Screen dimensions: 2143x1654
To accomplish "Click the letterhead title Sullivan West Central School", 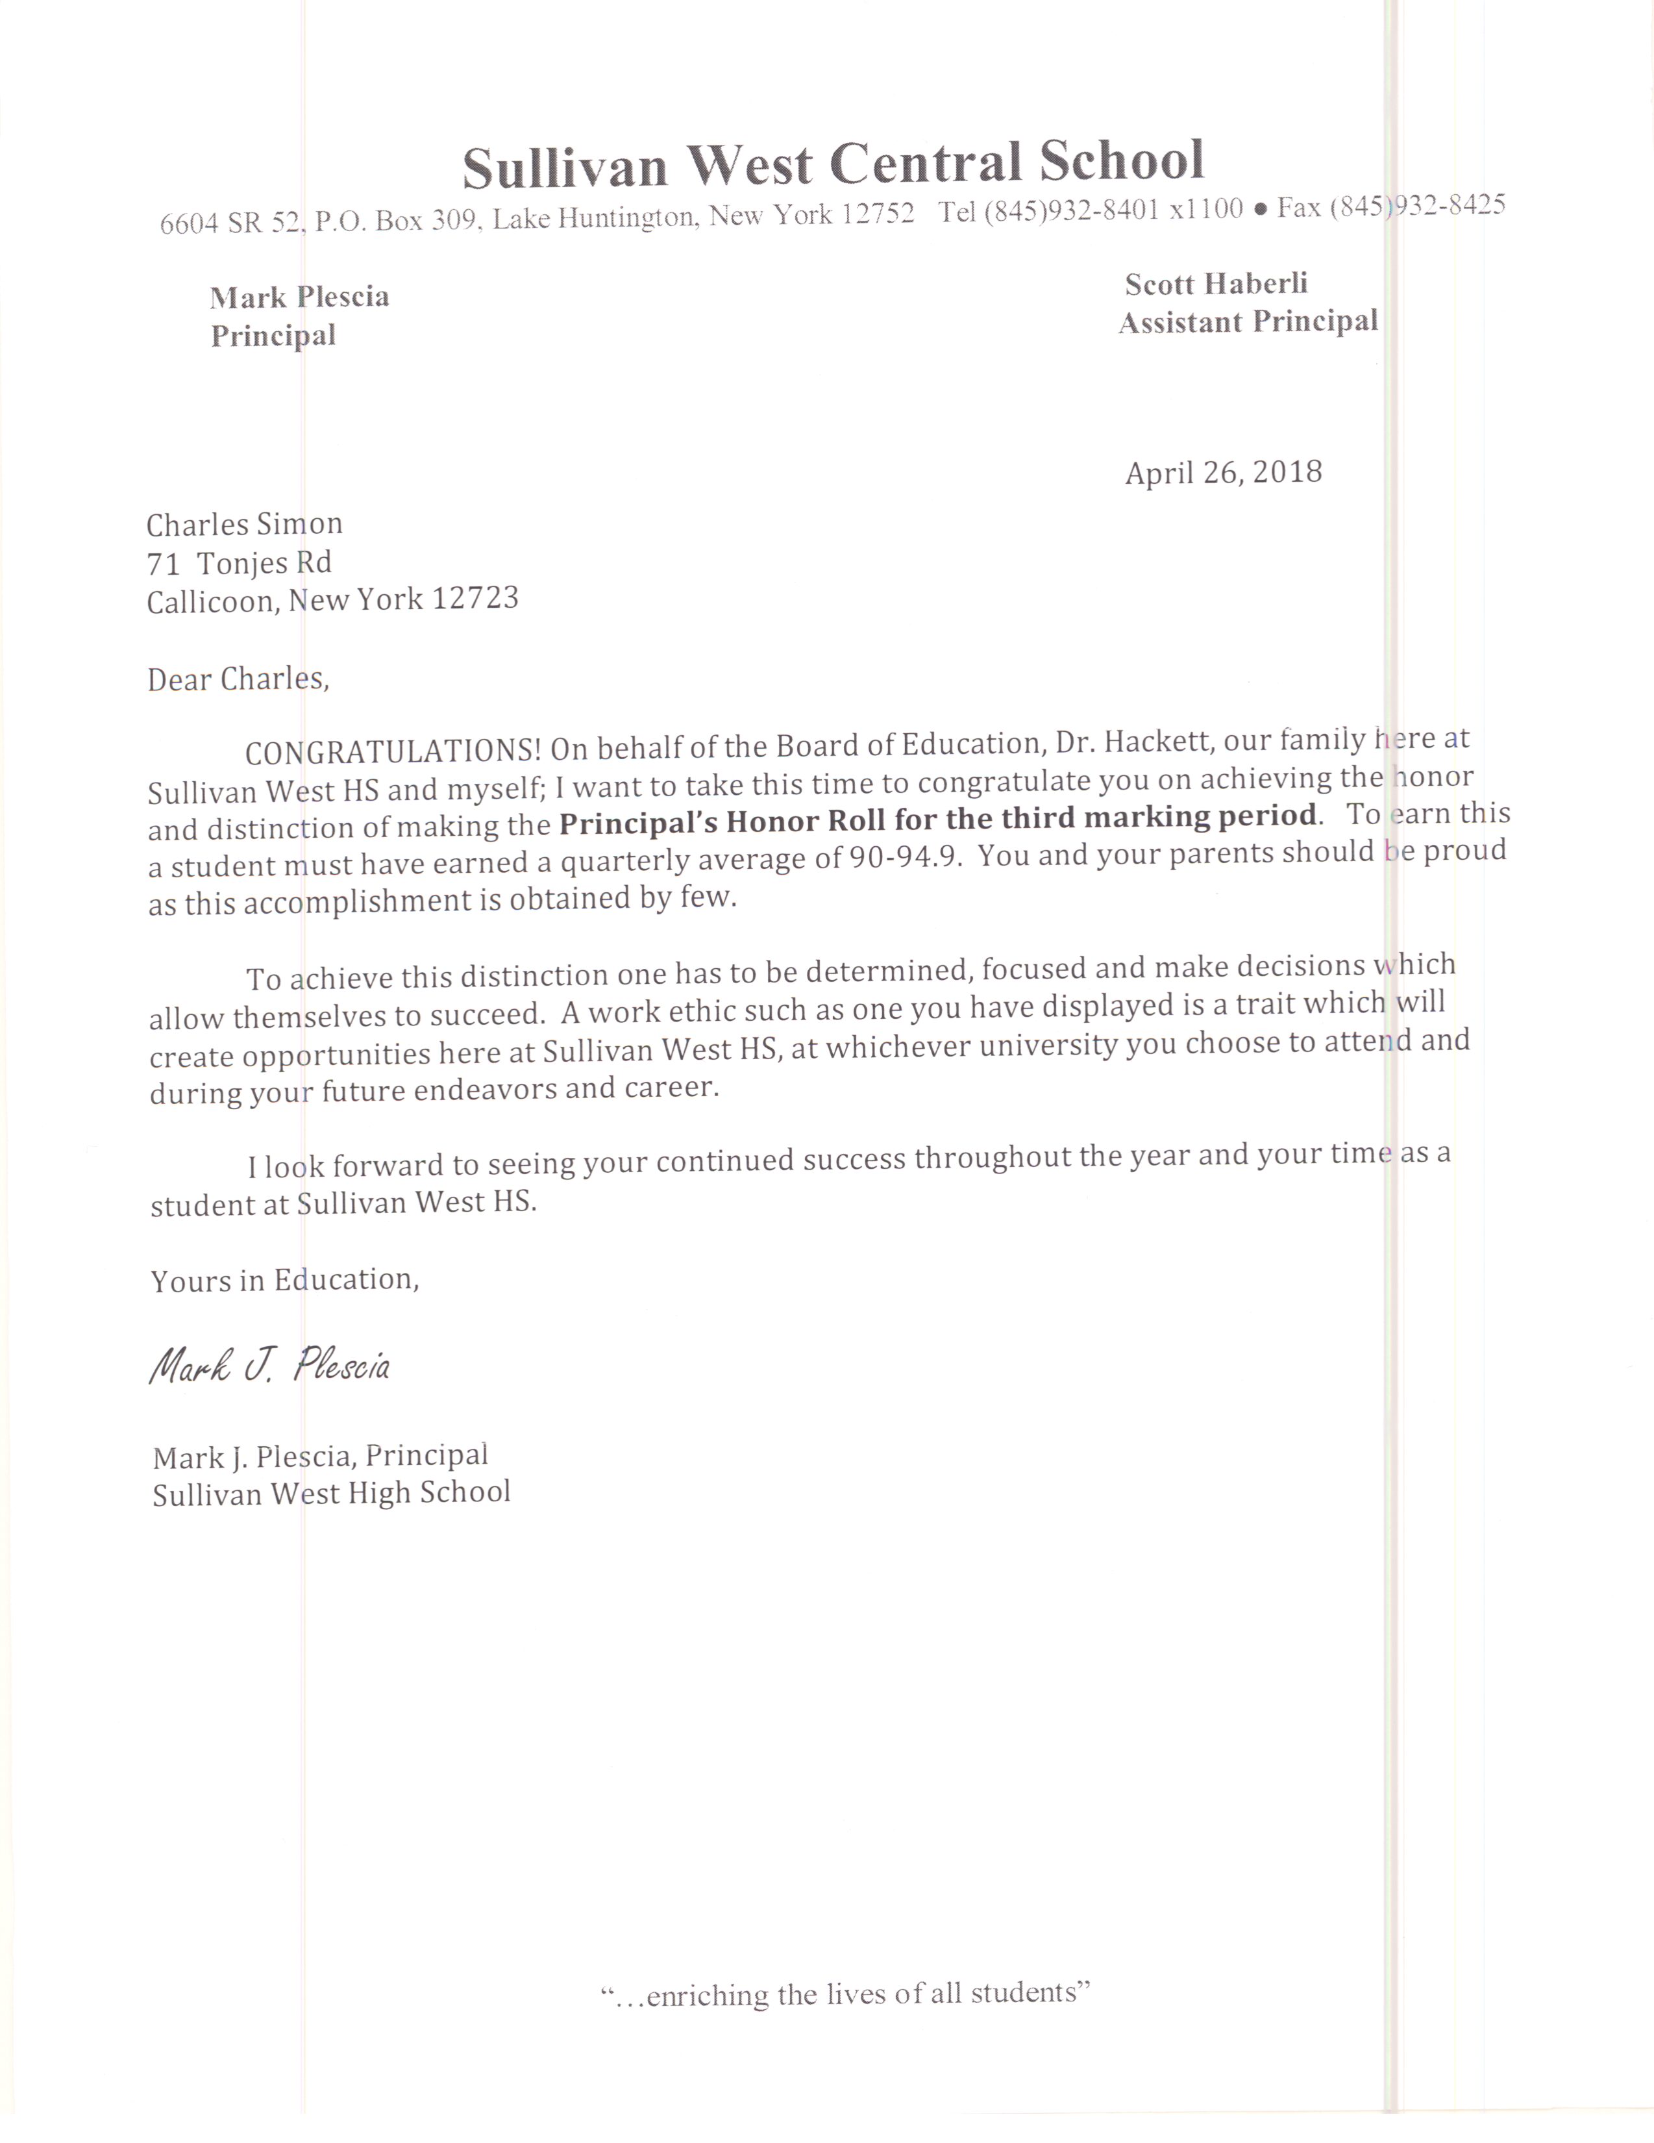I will point(833,164).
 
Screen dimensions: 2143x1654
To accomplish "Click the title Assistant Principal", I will point(1248,322).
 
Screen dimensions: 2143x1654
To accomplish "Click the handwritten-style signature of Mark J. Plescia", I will point(270,1366).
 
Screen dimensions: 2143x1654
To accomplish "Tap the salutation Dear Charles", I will point(238,679).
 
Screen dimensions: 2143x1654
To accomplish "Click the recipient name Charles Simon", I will point(244,525).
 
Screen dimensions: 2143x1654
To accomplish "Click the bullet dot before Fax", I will point(1261,209).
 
